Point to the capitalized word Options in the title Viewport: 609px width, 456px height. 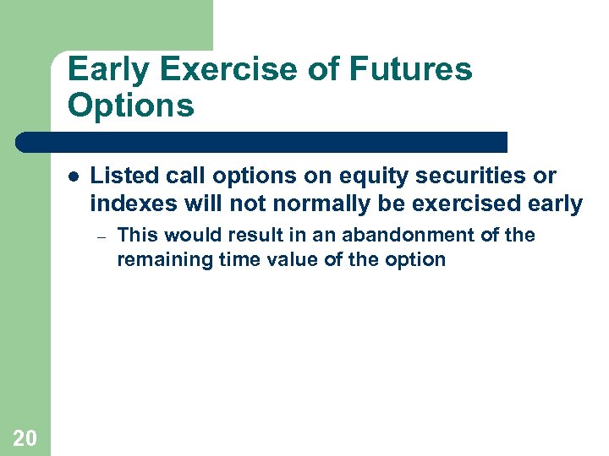pyautogui.click(x=131, y=106)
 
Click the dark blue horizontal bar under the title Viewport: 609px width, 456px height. pyautogui.click(x=262, y=142)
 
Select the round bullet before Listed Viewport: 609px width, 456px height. pyautogui.click(x=74, y=176)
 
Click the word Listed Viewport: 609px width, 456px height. pyautogui.click(x=118, y=176)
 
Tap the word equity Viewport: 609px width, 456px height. pyautogui.click(x=317, y=176)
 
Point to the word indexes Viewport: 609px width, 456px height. pyautogui.click(x=131, y=204)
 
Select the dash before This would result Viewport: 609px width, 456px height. pyautogui.click(x=100, y=236)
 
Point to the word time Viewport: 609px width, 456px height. pyautogui.click(x=222, y=259)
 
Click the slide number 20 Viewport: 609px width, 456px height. pyautogui.click(x=25, y=437)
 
